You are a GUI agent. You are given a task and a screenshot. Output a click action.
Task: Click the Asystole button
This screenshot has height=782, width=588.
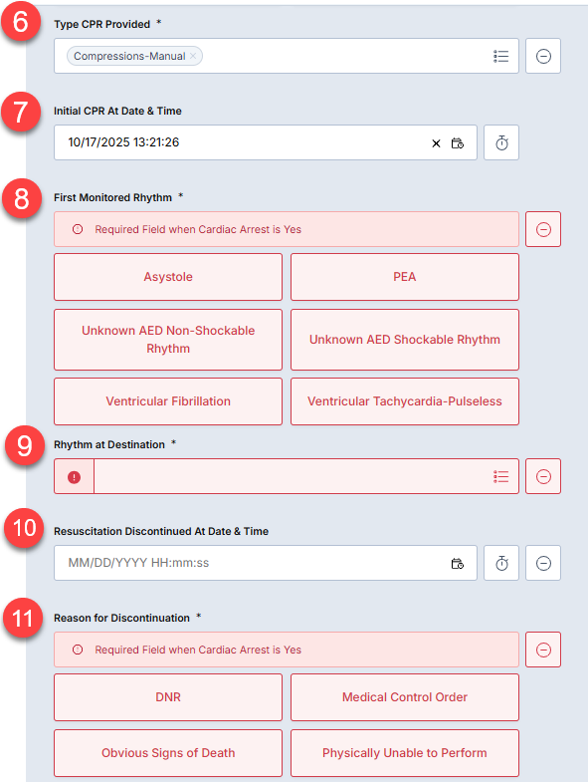tap(168, 277)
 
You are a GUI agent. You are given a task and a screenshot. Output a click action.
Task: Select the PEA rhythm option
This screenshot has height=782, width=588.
tap(405, 277)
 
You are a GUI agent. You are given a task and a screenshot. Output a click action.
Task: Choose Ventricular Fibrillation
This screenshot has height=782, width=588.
tap(168, 401)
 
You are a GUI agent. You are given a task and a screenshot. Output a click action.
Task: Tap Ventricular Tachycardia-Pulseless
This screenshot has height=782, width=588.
tap(405, 401)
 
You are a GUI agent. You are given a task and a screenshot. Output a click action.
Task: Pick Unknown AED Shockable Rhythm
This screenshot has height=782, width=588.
tap(405, 340)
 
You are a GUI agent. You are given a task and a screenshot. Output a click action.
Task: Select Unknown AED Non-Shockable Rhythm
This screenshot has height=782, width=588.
tap(168, 340)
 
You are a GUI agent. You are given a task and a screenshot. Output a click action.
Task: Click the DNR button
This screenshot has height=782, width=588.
tap(168, 697)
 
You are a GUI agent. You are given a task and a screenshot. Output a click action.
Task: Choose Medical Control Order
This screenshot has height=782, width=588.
tap(405, 697)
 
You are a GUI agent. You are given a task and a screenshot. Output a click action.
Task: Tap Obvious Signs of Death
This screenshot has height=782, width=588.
tap(168, 753)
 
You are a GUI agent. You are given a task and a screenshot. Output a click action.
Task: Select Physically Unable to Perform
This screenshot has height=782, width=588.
tap(405, 753)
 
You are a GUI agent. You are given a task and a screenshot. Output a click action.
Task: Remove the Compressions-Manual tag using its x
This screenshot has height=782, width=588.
tap(193, 56)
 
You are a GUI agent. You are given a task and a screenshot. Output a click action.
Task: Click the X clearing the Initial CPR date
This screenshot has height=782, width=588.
tap(436, 143)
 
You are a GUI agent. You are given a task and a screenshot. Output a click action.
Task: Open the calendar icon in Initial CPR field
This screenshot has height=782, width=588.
tap(458, 143)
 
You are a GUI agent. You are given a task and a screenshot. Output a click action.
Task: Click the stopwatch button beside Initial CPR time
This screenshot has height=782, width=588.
tap(501, 142)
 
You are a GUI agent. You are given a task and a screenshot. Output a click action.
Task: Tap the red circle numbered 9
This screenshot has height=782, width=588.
tap(25, 445)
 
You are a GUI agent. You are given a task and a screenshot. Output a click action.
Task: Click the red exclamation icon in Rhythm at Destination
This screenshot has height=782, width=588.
tap(75, 477)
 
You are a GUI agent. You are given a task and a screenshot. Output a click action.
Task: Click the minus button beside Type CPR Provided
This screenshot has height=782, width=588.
tap(543, 56)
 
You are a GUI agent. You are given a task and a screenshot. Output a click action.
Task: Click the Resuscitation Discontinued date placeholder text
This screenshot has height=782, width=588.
tap(138, 563)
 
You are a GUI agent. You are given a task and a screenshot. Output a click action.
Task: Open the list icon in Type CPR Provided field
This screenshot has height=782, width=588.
tap(500, 56)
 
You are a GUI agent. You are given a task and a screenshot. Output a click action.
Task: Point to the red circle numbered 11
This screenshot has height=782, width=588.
tap(23, 618)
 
